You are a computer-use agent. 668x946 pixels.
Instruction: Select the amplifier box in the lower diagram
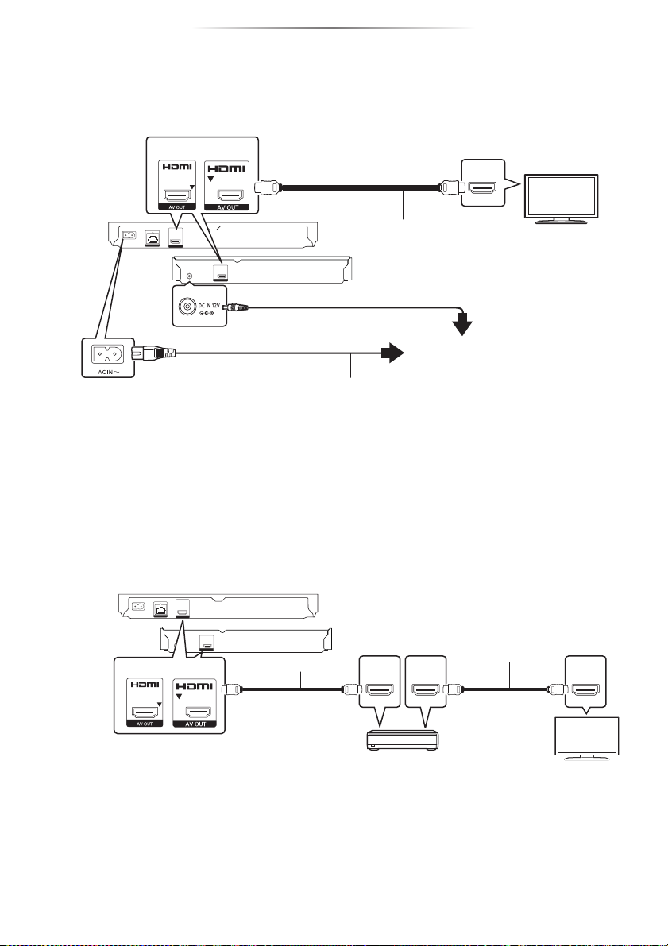[x=402, y=741]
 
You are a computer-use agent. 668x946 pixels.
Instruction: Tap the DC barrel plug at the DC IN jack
[x=237, y=306]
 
